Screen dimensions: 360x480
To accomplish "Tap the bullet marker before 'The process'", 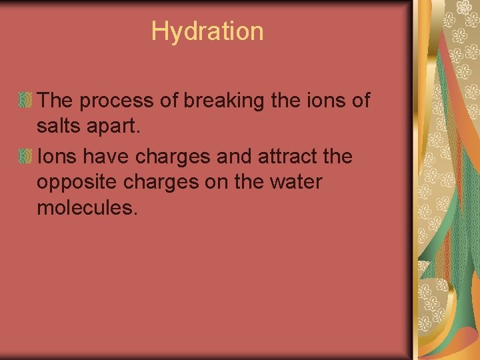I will click(x=25, y=101).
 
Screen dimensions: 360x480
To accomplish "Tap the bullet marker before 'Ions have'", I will click(x=25, y=157).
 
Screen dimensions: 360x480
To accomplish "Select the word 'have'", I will click(x=109, y=157).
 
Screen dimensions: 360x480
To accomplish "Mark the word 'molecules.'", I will click(x=87, y=208).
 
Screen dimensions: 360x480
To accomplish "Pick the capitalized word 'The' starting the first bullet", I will click(x=54, y=101).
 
